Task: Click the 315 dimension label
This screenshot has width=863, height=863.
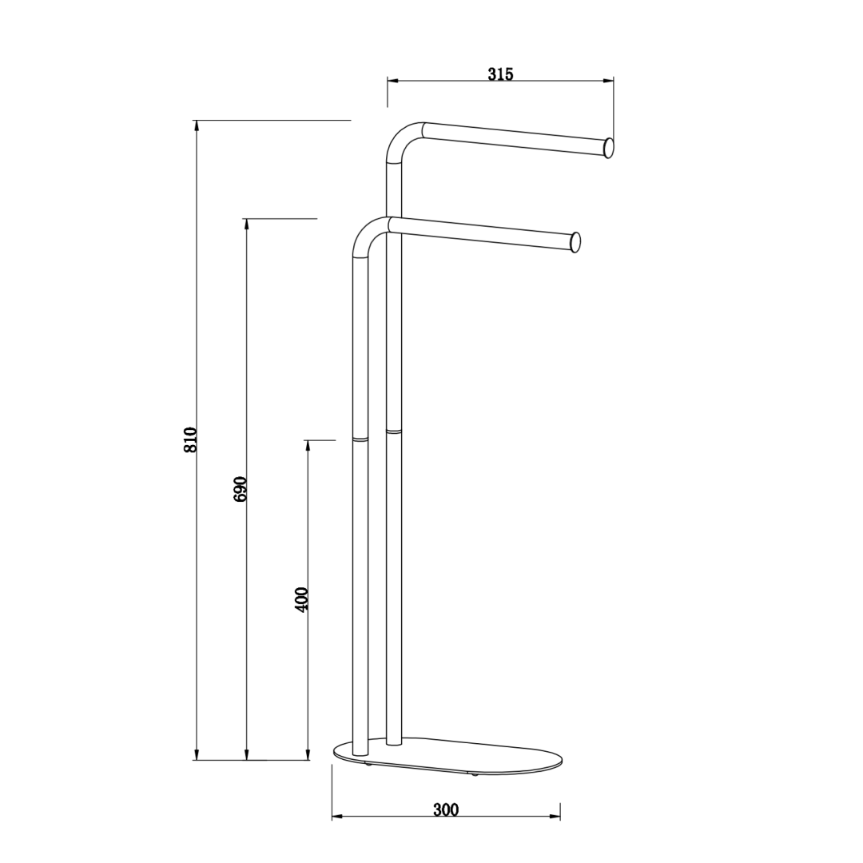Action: (500, 74)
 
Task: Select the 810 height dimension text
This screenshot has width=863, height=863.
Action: (190, 439)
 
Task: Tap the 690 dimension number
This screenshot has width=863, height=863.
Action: (241, 489)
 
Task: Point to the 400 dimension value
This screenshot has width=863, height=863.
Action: (301, 599)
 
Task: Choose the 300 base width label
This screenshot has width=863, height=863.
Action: (446, 809)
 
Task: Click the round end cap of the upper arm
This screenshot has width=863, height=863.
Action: (609, 148)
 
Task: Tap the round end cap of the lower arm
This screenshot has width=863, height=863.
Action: (575, 243)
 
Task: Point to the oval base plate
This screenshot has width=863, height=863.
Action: (449, 758)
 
